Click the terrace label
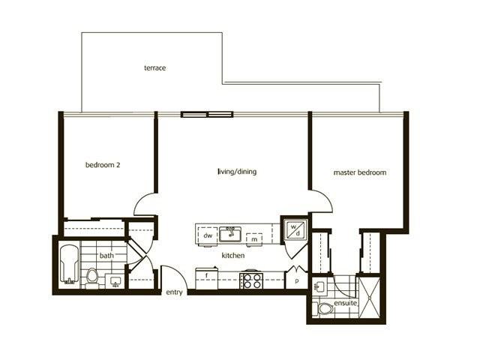click(x=155, y=67)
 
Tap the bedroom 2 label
click(x=103, y=165)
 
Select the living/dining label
click(x=237, y=172)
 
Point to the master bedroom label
click(x=360, y=172)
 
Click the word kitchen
click(x=233, y=255)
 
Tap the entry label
click(x=174, y=292)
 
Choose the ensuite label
click(x=345, y=303)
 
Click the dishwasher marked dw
click(x=208, y=235)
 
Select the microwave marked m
click(x=254, y=238)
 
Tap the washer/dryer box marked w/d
click(x=295, y=230)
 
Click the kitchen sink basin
click(x=230, y=234)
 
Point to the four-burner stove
click(x=251, y=280)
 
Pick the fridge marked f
click(x=207, y=278)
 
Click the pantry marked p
click(x=296, y=280)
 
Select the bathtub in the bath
click(x=69, y=265)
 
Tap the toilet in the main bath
click(x=91, y=278)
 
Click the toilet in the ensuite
click(x=325, y=308)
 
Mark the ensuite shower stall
click(x=369, y=298)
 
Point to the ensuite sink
click(x=318, y=286)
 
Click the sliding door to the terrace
click(x=207, y=115)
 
